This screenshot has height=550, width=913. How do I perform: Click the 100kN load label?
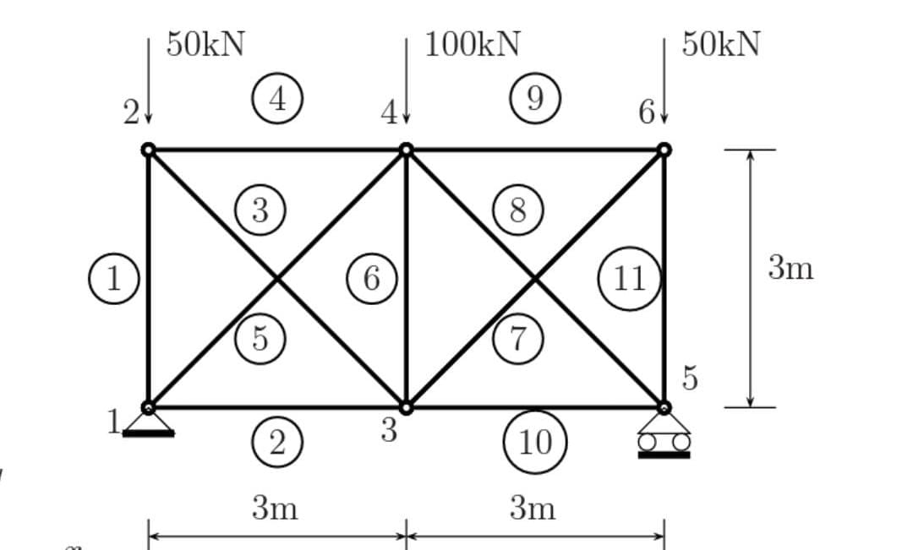pos(472,44)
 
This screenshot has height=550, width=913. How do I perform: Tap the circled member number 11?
pos(629,278)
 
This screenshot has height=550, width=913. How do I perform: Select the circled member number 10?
pos(534,441)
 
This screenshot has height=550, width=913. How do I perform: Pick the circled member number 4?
pos(277,99)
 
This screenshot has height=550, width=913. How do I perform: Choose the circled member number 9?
pos(534,99)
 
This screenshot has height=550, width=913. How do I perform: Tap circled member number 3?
pos(260,210)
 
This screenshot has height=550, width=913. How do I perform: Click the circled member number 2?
pos(277,441)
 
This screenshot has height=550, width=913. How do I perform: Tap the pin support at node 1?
pos(148,425)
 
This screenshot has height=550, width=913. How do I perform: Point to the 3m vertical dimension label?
pos(790,268)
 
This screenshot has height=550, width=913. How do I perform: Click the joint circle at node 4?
pos(406,150)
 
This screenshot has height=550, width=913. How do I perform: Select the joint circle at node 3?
pos(406,408)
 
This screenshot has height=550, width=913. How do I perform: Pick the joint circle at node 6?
pos(664,150)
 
